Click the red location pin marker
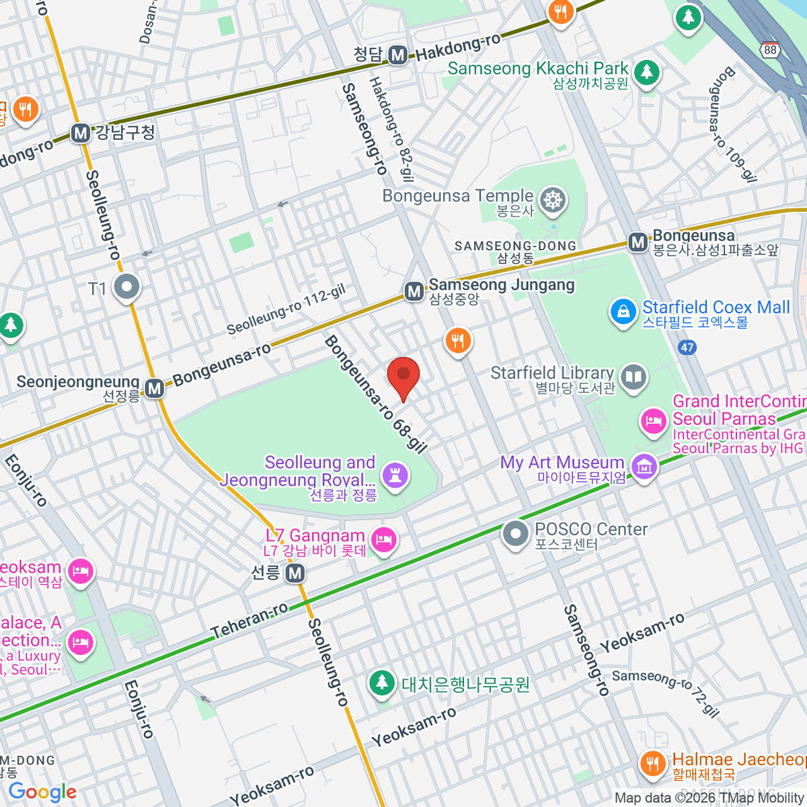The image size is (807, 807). pos(403,377)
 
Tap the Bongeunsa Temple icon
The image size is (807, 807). pos(553,200)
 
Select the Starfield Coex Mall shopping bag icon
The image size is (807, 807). pos(623,312)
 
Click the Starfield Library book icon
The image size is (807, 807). pos(633,377)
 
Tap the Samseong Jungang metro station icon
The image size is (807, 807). pos(414,291)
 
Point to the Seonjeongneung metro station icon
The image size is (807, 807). pos(155,388)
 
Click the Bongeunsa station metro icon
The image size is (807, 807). pos(638,242)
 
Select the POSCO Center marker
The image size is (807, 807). pos(516,533)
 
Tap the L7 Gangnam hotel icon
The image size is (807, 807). pos(384,539)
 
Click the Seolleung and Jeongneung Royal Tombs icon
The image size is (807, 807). pos(395,475)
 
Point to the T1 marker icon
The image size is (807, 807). pos(126,287)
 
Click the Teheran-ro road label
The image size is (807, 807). pos(249,620)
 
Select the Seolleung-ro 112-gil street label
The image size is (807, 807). pos(286,309)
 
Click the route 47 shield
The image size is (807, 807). pos(687,348)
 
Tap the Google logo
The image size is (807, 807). pos(42,792)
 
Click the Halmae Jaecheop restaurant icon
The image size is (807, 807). pos(651,763)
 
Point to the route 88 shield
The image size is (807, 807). pos(770,50)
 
